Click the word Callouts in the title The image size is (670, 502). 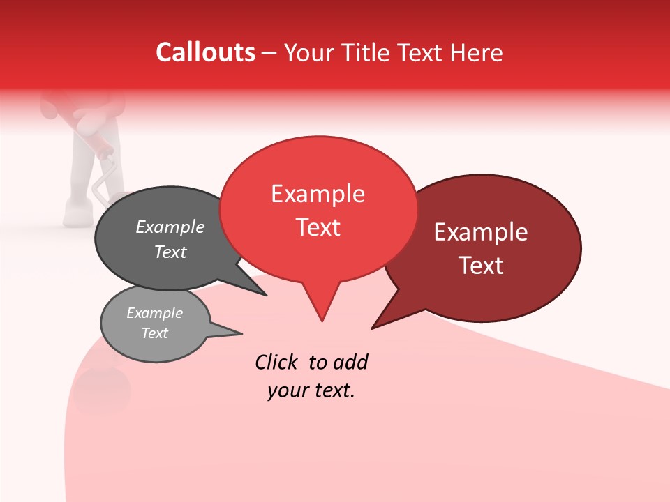pyautogui.click(x=205, y=52)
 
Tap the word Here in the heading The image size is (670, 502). pyautogui.click(x=477, y=53)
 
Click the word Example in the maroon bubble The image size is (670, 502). pyautogui.click(x=481, y=232)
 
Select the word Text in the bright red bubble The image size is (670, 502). pyautogui.click(x=318, y=227)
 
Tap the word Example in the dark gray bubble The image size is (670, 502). pyautogui.click(x=170, y=227)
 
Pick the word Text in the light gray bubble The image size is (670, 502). pyautogui.click(x=155, y=333)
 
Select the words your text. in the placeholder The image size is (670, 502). pyautogui.click(x=311, y=390)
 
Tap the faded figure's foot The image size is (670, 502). pyautogui.click(x=78, y=209)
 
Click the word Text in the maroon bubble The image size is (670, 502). pyautogui.click(x=482, y=266)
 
